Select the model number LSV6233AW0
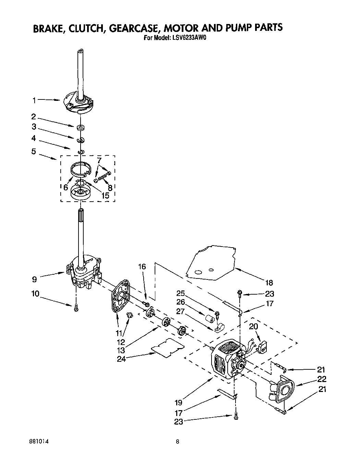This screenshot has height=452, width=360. pos(188,38)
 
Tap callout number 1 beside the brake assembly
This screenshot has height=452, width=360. pos(34,100)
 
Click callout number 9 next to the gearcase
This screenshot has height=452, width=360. pos(34,279)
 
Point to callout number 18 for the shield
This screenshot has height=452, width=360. pos(269,283)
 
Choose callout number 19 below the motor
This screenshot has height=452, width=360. pos(178,402)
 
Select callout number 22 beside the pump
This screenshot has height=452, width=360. pos(322,379)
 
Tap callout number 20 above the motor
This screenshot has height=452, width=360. pos(253,326)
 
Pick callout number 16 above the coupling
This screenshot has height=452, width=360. pos(142,266)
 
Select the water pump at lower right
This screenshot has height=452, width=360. pos(283,390)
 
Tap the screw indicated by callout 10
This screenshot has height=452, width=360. pos(76,308)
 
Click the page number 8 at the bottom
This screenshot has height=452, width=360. pos(177,441)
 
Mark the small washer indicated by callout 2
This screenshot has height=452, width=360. pos(81,128)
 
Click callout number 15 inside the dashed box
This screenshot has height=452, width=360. pos(105,195)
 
